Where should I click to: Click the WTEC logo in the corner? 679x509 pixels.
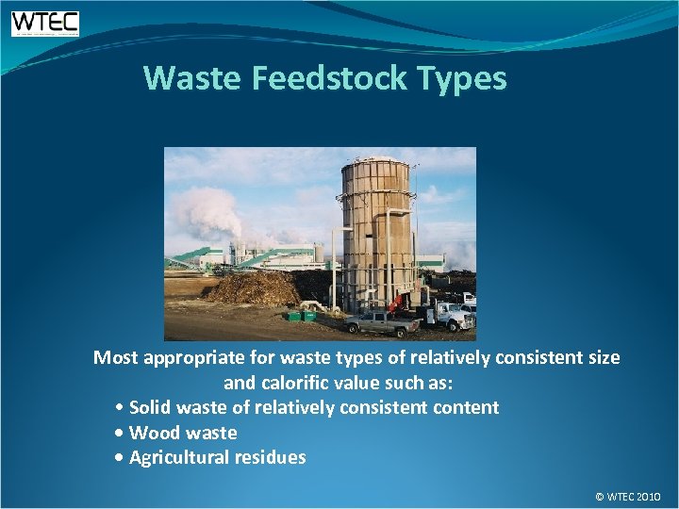44,24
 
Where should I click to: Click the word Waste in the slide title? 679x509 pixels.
193,78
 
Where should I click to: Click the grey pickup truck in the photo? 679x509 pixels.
382,322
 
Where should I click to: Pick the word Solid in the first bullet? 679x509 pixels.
150,407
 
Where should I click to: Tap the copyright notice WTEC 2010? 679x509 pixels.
628,496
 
